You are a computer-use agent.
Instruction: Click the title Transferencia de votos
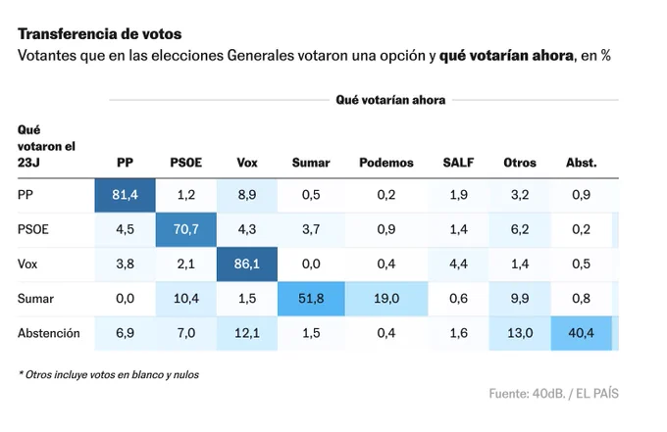point(99,34)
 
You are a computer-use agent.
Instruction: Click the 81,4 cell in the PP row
point(126,195)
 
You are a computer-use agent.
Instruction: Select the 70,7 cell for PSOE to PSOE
point(186,230)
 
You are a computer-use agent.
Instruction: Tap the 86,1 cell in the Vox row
point(247,264)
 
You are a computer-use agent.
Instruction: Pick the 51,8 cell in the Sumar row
point(311,299)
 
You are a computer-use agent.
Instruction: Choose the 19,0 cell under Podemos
point(386,299)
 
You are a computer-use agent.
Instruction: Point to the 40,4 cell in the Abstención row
point(581,333)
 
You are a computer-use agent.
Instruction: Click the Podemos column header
point(386,163)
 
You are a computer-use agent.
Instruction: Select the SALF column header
point(459,163)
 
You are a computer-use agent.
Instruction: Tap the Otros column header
point(520,163)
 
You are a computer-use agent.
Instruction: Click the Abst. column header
point(581,163)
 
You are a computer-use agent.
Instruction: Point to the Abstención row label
point(48,333)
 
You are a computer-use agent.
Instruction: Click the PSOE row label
point(32,230)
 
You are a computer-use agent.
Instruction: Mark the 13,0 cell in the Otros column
point(520,333)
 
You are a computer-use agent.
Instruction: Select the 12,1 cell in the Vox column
point(247,333)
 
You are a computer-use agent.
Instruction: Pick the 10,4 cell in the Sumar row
point(186,299)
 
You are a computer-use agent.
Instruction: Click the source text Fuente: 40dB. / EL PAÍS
point(553,394)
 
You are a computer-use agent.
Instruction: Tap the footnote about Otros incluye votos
point(109,374)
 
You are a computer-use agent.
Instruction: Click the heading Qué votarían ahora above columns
point(390,100)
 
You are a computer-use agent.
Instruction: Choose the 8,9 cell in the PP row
point(247,195)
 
